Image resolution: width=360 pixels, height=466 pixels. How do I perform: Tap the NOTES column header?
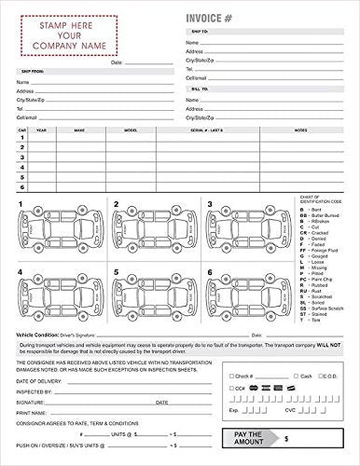(x=300, y=131)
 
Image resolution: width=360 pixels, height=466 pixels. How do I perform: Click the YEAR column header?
(x=42, y=131)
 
